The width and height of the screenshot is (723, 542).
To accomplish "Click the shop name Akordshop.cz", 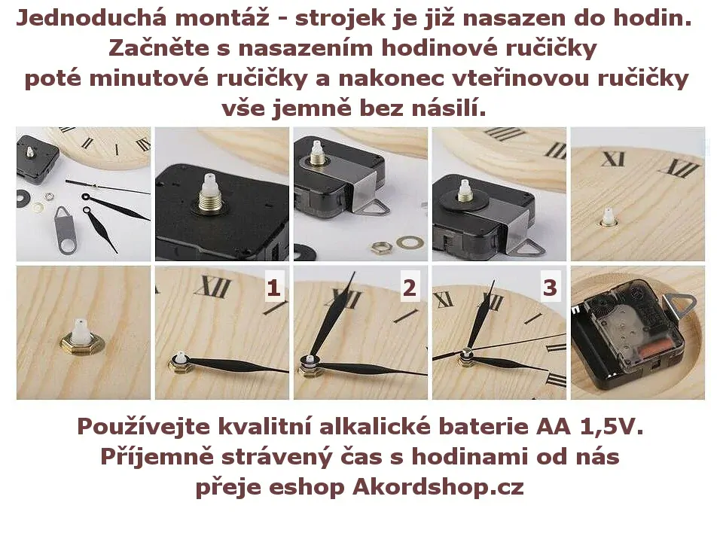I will [438, 487].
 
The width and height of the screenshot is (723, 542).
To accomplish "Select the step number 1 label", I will [273, 288].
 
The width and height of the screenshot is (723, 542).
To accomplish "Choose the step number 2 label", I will [410, 288].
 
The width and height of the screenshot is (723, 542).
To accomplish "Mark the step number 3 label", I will [550, 288].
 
